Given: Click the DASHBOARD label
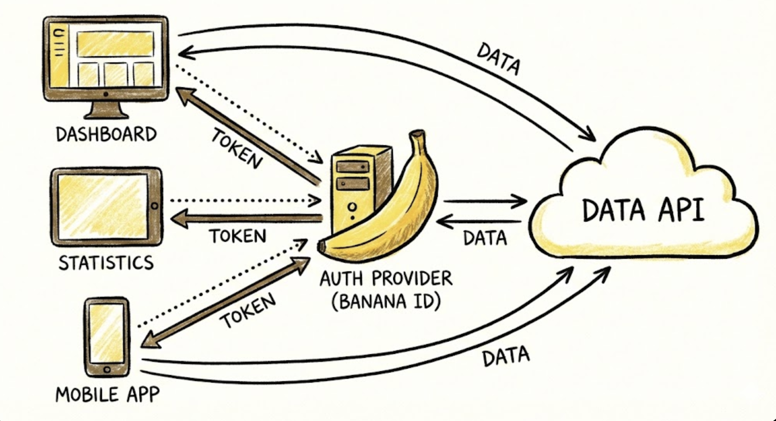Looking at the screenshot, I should (x=106, y=134).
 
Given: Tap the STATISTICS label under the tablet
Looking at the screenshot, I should (x=106, y=263).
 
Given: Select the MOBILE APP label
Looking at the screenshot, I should (x=107, y=394).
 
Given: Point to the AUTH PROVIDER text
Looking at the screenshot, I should (x=386, y=279).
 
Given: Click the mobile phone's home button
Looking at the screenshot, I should (x=107, y=370).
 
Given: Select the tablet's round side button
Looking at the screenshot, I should (x=154, y=206).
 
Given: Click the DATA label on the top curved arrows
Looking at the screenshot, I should (x=498, y=59).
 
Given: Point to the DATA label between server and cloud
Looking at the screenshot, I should (x=485, y=238).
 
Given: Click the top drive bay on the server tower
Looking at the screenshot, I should (x=352, y=167).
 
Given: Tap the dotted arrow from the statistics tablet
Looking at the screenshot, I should (x=244, y=201).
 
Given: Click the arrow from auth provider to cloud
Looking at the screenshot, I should (x=484, y=201).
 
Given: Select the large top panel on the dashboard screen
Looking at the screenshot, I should (x=115, y=44).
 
